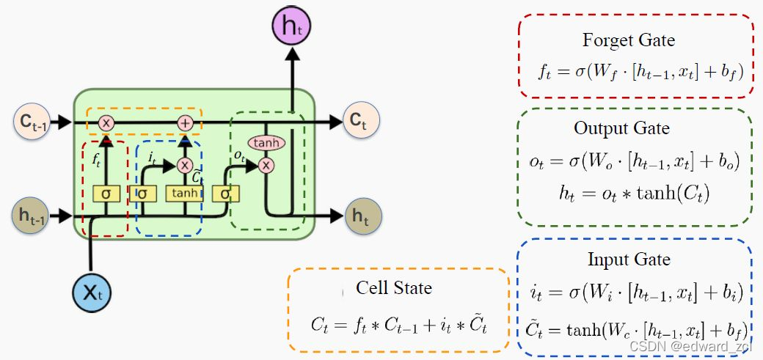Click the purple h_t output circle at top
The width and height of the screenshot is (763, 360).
(x=292, y=29)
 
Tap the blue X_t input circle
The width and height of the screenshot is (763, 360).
(x=90, y=293)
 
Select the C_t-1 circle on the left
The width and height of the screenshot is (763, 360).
(x=31, y=122)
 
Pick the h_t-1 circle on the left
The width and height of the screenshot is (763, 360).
(x=31, y=216)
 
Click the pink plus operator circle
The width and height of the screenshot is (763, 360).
(x=185, y=122)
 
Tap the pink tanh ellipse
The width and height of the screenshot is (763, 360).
(x=266, y=143)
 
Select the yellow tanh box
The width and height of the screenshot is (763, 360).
(x=183, y=194)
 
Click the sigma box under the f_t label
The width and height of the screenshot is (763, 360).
(x=106, y=194)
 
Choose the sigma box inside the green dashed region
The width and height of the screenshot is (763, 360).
(x=224, y=194)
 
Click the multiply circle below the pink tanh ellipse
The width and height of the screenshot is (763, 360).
(x=266, y=165)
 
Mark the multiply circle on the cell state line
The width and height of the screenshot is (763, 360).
(x=106, y=122)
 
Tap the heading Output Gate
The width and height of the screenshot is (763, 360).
(x=621, y=128)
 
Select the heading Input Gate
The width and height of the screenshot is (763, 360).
(x=629, y=260)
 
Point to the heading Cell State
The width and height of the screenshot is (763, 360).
(x=394, y=287)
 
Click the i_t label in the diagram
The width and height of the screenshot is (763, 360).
(x=152, y=156)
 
